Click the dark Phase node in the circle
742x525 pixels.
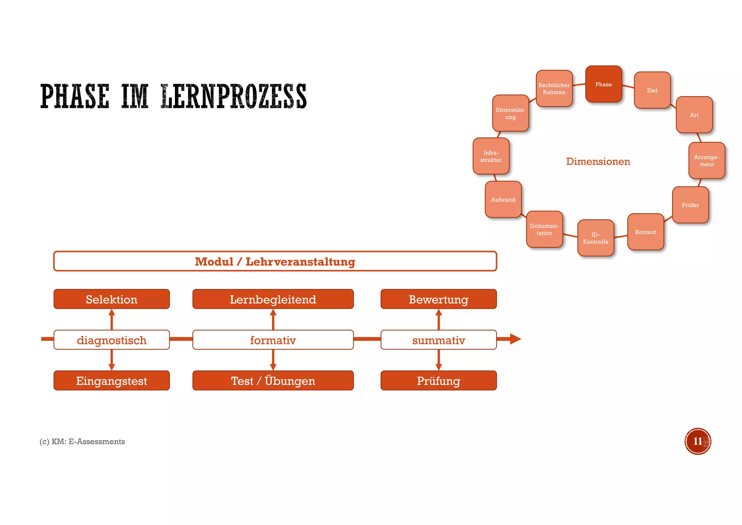click(x=603, y=84)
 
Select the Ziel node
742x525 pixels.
click(x=652, y=90)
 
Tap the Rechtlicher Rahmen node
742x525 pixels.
click(x=554, y=89)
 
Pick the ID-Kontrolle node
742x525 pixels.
click(x=595, y=238)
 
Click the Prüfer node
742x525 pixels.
click(x=690, y=205)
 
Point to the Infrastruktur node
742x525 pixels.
click(x=491, y=156)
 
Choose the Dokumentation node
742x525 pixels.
click(x=544, y=229)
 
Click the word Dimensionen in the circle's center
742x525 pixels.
click(x=598, y=161)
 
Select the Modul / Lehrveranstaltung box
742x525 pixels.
click(x=275, y=261)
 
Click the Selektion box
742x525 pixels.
click(x=112, y=299)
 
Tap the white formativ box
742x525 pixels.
click(x=273, y=340)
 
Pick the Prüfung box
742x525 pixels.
click(x=438, y=381)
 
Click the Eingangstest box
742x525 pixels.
click(x=112, y=381)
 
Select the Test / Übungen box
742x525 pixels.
click(x=273, y=381)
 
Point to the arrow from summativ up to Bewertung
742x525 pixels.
click(x=439, y=319)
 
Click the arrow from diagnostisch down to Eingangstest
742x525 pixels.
click(x=112, y=360)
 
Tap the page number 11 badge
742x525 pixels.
click(x=697, y=441)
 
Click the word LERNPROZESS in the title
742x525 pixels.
click(x=234, y=97)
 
